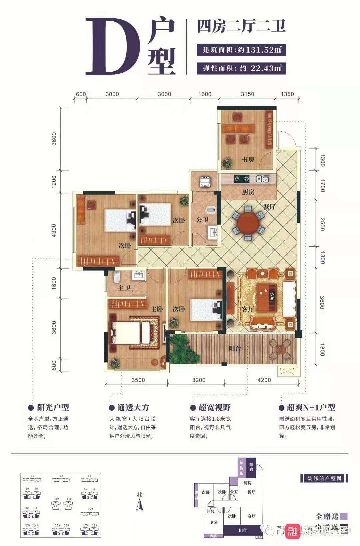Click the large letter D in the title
coord(112,47)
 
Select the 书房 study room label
coord(248,159)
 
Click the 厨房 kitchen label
coord(248,192)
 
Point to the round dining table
coord(247,224)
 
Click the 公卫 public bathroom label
coord(202,220)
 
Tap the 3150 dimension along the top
coord(247,94)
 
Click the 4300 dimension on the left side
coord(54,230)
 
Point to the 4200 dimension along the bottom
coord(264,380)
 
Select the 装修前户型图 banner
coord(324,478)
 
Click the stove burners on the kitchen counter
coord(241,179)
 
